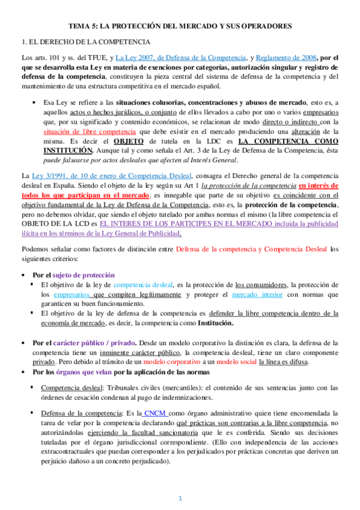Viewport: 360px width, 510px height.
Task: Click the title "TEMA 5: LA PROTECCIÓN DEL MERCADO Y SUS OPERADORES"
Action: [x=180, y=26]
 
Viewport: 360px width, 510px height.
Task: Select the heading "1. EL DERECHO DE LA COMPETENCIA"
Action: [x=85, y=42]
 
